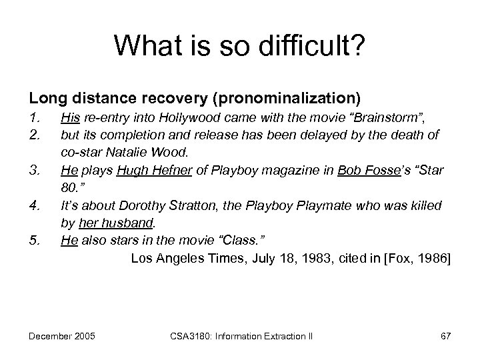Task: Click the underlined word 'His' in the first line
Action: pyautogui.click(x=71, y=119)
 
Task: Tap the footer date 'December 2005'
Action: pyautogui.click(x=61, y=333)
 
